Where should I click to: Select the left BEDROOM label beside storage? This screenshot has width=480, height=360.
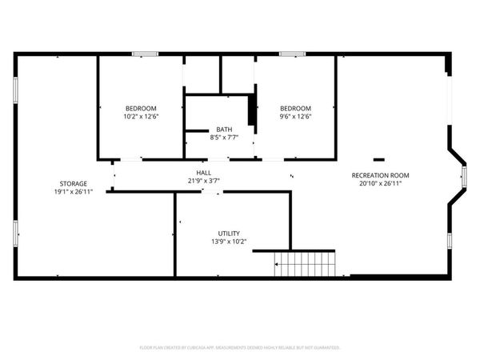pyautogui.click(x=141, y=108)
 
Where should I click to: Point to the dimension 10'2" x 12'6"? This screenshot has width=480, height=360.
pyautogui.click(x=141, y=117)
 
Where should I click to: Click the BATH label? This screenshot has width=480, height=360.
pyautogui.click(x=223, y=130)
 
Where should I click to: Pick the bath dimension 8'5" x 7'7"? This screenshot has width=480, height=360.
pyautogui.click(x=223, y=138)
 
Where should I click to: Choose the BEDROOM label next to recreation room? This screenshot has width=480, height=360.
pyautogui.click(x=294, y=108)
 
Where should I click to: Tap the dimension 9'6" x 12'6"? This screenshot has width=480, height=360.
pyautogui.click(x=294, y=117)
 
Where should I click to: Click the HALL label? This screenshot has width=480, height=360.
pyautogui.click(x=204, y=173)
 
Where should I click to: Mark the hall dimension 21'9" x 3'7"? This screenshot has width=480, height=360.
pyautogui.click(x=204, y=181)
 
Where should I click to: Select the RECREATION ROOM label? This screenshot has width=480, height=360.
pyautogui.click(x=380, y=174)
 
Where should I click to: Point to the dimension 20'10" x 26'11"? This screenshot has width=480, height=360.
pyautogui.click(x=380, y=183)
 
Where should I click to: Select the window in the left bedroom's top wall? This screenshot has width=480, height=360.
pyautogui.click(x=144, y=54)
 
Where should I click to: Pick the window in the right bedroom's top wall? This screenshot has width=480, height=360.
pyautogui.click(x=292, y=54)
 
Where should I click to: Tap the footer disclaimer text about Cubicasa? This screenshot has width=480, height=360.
pyautogui.click(x=240, y=348)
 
